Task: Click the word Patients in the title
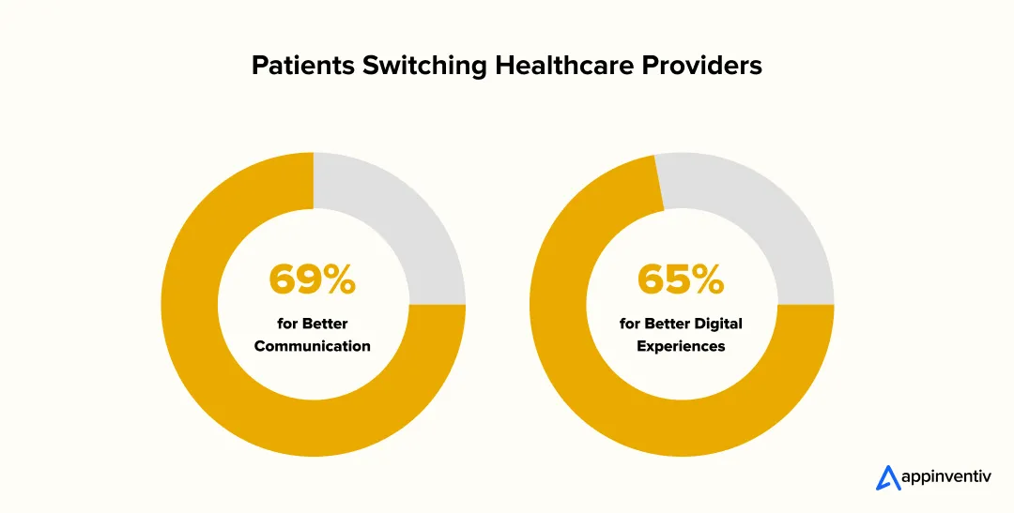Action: pyautogui.click(x=295, y=66)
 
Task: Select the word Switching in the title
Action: pyautogui.click(x=401, y=66)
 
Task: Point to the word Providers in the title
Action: pyautogui.click(x=701, y=66)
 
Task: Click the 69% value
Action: pyautogui.click(x=313, y=279)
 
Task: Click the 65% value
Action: pyautogui.click(x=681, y=279)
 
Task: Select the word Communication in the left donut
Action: pyautogui.click(x=313, y=346)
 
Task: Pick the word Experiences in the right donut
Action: pyautogui.click(x=681, y=346)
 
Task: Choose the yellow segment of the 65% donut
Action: pyautogui.click(x=610, y=394)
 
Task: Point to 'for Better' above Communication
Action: pyautogui.click(x=313, y=324)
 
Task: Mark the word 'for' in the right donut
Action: pyautogui.click(x=630, y=324)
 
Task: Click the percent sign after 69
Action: pyautogui.click(x=339, y=279)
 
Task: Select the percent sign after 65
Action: pyautogui.click(x=707, y=279)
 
